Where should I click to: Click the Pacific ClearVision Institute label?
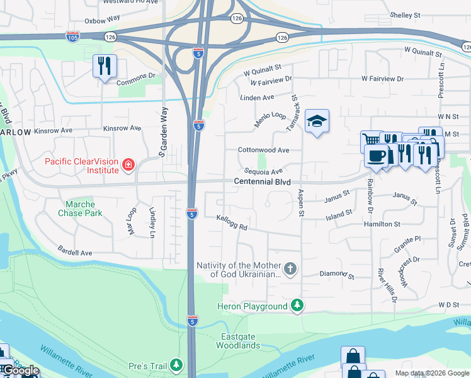(81, 166)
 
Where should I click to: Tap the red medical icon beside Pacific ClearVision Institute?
(128, 166)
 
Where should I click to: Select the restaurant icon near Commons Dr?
(105, 66)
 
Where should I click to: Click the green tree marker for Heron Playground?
(296, 306)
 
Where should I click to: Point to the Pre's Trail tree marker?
(178, 365)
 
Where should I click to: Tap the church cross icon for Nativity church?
(290, 269)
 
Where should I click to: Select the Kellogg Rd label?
(232, 222)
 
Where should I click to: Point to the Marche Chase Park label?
(80, 209)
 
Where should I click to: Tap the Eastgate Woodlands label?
(238, 341)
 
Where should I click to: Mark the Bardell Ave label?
(76, 252)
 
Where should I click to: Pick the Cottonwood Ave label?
(263, 150)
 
